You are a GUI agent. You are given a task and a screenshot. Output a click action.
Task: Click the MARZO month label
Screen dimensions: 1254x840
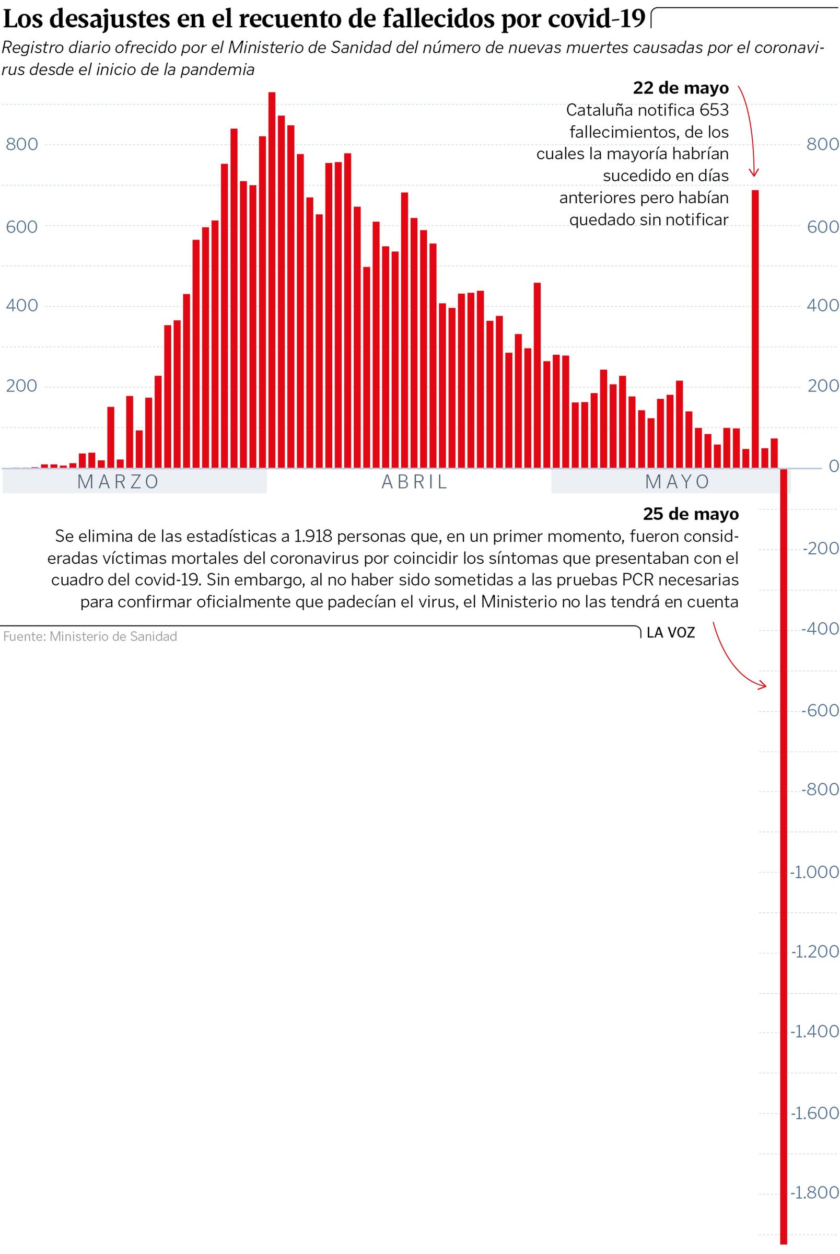[x=118, y=482]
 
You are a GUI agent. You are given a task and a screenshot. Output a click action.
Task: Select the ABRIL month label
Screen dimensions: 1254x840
[x=414, y=482]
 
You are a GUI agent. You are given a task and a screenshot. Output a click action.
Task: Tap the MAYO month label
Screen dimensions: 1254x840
[x=677, y=482]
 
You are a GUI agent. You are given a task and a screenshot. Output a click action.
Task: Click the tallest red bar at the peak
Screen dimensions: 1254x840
[x=272, y=278]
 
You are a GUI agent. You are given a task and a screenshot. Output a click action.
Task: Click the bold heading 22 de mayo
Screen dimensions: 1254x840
[x=680, y=88]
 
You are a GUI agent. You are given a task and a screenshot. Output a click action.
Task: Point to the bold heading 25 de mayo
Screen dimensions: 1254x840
[x=691, y=514]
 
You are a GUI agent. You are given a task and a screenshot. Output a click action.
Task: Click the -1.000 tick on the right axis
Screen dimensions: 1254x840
[x=814, y=872]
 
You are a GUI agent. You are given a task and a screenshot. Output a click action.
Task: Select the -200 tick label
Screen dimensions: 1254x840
[x=820, y=548]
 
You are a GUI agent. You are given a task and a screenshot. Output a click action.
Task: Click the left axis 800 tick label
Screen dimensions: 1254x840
[x=22, y=144]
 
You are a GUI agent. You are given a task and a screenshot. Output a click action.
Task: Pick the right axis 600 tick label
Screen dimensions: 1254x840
[x=822, y=227]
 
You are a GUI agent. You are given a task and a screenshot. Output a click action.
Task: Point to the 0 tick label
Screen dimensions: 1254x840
[x=833, y=466]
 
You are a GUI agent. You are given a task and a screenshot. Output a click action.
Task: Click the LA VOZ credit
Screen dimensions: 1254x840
[x=670, y=633]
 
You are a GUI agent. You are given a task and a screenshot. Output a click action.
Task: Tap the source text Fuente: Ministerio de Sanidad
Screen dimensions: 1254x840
[x=90, y=636]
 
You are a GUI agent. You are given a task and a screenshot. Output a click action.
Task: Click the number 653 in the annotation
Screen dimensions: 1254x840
[x=714, y=110]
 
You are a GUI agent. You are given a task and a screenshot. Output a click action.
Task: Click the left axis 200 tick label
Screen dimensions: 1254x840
[x=21, y=386]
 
